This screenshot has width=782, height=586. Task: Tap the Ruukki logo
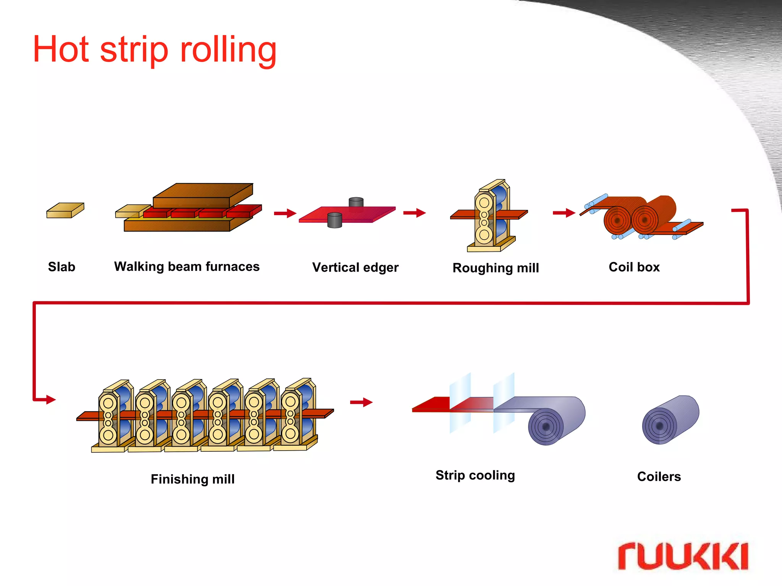pos(683,556)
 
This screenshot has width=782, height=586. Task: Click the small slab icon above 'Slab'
pos(65,211)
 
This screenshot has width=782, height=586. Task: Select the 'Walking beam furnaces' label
pos(187,266)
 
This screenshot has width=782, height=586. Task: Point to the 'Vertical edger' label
pos(355,267)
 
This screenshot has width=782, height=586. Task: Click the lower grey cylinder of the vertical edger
pos(334,220)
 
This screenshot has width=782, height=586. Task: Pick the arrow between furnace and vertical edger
pos(285,213)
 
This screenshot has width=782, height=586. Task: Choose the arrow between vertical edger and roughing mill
pos(414,213)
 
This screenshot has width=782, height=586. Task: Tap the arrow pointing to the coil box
pos(564,213)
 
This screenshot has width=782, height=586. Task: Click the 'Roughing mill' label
pos(496,268)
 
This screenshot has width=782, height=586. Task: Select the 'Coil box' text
pos(634,267)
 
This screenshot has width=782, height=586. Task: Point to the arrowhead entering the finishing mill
pos(51,399)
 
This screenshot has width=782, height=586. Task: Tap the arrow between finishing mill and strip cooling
pos(361,402)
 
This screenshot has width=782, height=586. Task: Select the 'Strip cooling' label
pos(475,475)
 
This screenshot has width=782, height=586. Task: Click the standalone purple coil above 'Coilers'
pos(670,420)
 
